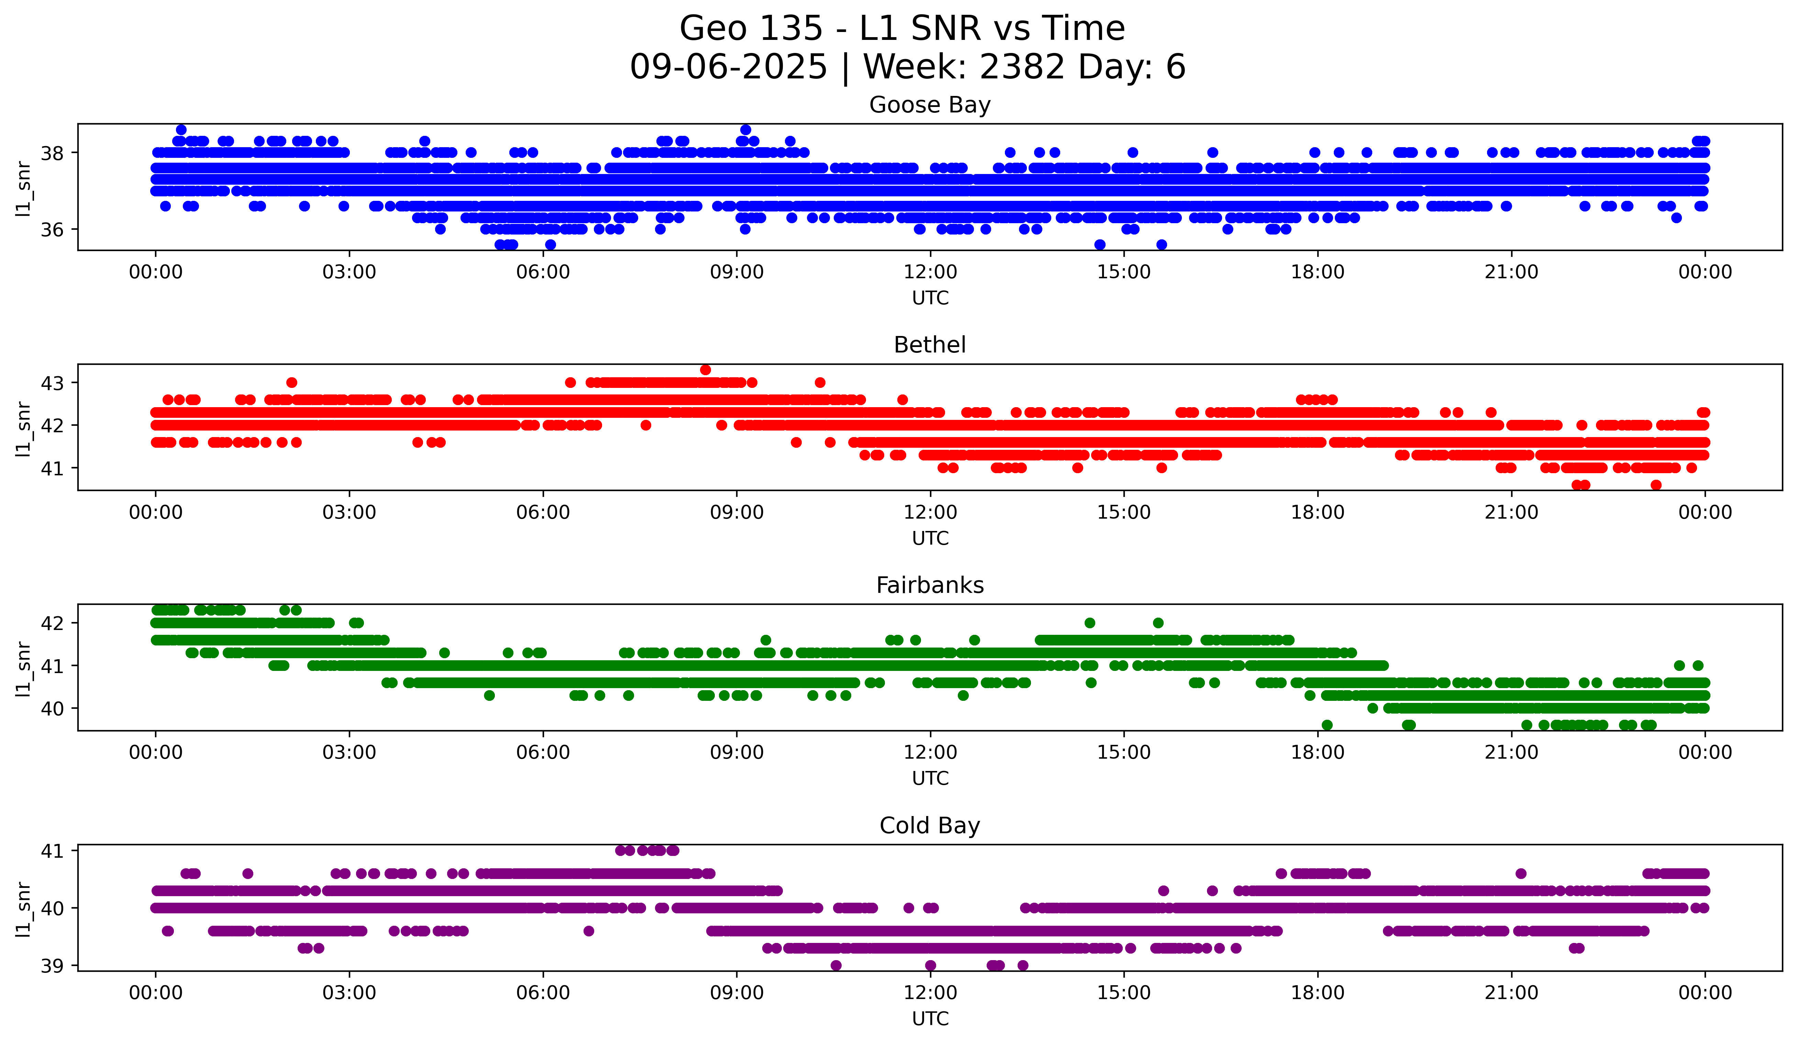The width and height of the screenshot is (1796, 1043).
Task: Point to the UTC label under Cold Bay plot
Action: click(930, 1019)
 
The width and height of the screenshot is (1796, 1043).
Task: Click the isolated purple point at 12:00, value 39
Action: click(930, 965)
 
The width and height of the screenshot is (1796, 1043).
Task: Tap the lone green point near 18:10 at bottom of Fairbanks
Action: click(1327, 725)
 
